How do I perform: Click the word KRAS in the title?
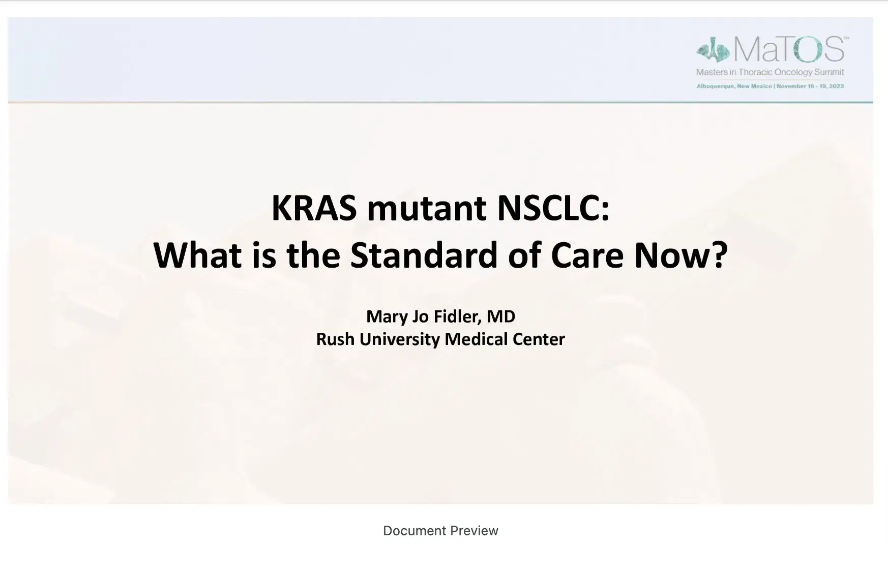pos(314,208)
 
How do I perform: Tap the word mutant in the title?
pos(426,208)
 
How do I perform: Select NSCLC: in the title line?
pos(553,208)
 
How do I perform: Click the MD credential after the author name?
pos(501,316)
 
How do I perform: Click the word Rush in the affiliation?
pos(335,339)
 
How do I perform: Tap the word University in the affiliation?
pos(399,339)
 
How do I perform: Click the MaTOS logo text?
pos(789,49)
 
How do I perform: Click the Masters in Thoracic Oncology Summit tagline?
pos(770,72)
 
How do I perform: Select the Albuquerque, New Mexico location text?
pos(734,86)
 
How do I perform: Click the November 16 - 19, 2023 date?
pos(810,86)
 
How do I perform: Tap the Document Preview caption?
pos(440,531)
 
